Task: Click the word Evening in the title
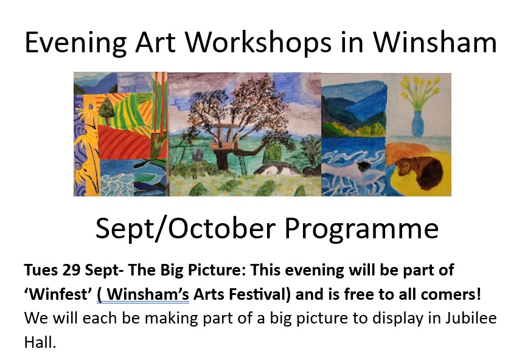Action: [x=75, y=43]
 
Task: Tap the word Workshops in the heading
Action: [x=259, y=42]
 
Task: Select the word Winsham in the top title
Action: [x=434, y=42]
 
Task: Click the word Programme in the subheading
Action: [x=361, y=229]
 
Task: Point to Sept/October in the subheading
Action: [x=186, y=229]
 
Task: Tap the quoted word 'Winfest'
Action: [x=58, y=294]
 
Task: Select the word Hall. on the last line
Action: [x=40, y=342]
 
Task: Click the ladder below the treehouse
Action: [x=242, y=165]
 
